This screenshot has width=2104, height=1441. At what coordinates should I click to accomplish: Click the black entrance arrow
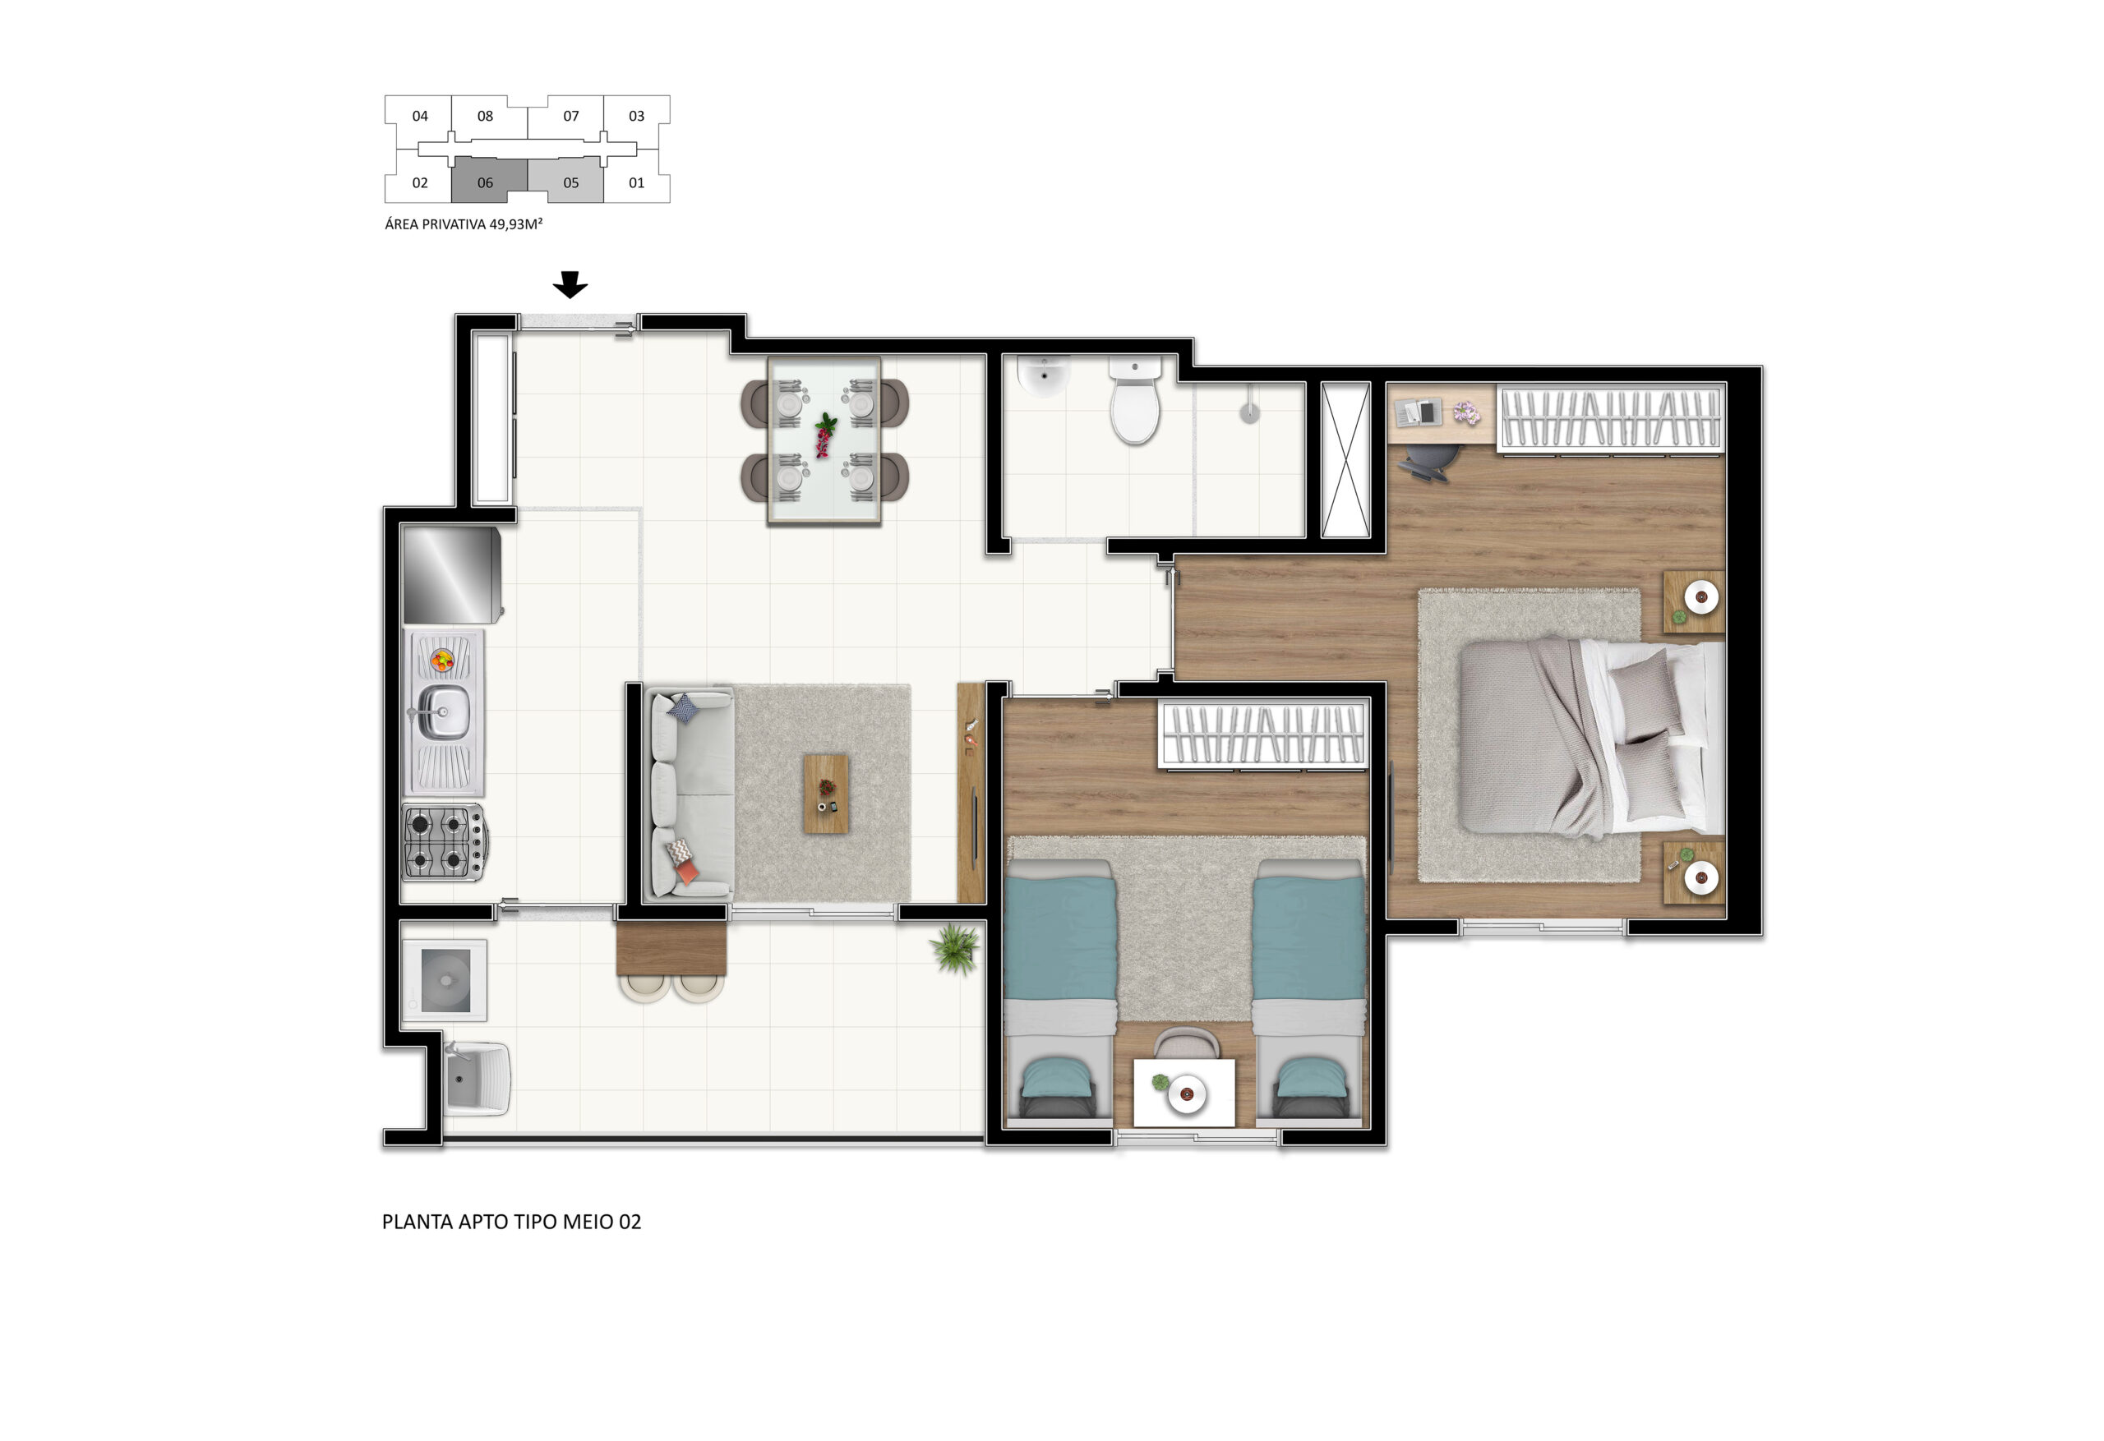570,284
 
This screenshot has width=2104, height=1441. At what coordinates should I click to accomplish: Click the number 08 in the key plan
485,116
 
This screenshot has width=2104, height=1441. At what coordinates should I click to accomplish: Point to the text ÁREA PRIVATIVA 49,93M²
464,224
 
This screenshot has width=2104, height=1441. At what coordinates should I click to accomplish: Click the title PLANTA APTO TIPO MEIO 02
511,1222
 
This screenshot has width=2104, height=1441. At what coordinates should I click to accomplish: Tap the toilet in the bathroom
1135,400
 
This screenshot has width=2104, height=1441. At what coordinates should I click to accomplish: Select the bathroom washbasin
1044,375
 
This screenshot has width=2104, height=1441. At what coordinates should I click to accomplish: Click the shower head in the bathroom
1249,412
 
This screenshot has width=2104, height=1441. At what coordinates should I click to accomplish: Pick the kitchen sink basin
444,711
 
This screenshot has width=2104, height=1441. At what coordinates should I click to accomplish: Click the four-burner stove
445,842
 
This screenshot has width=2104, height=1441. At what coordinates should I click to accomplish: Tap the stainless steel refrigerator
452,575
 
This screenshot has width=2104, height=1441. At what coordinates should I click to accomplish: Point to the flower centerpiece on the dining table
825,435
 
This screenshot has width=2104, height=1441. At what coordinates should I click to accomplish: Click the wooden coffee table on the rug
827,794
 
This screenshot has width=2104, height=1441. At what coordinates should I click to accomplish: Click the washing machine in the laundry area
445,980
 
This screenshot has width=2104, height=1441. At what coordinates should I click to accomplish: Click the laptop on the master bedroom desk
1418,412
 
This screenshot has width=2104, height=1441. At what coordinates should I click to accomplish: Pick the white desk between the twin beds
1184,1093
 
